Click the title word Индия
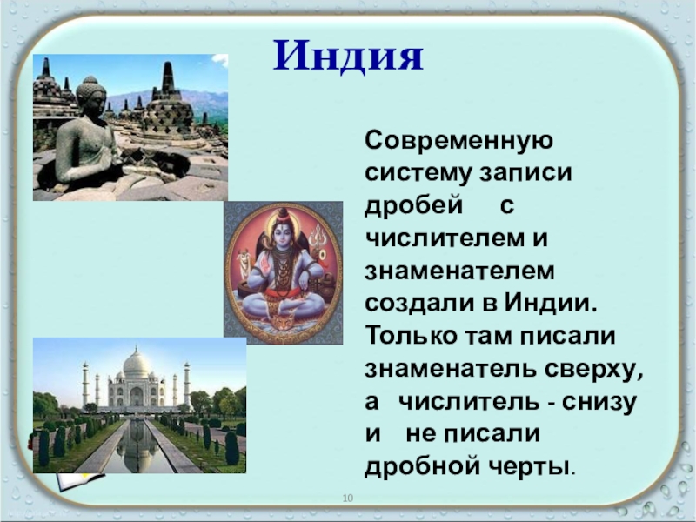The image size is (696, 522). click(x=348, y=57)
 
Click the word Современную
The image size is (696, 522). click(x=459, y=141)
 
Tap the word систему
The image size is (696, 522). click(x=418, y=173)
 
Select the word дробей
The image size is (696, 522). click(x=414, y=205)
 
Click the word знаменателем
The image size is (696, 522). click(x=459, y=271)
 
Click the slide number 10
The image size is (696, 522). click(x=348, y=498)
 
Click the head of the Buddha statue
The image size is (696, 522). click(x=90, y=93)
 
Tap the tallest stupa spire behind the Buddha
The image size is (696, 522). click(x=169, y=80)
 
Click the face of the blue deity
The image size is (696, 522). click(x=282, y=232)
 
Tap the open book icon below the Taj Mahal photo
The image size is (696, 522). click(x=81, y=482)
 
